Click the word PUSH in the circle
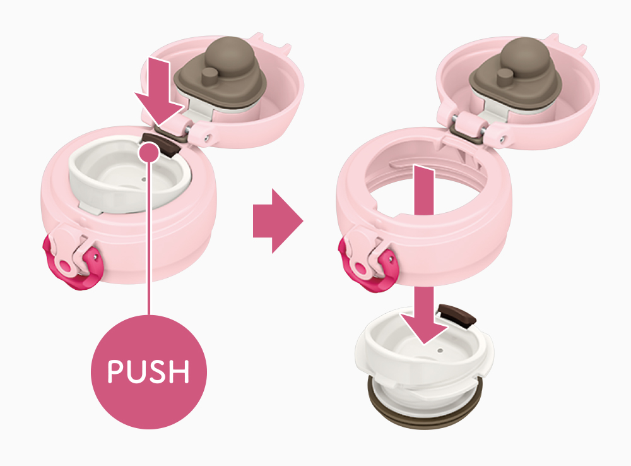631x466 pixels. tap(148, 371)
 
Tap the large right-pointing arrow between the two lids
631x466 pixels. tap(278, 221)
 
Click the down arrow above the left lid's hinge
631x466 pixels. tap(160, 91)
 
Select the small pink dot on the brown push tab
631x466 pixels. tap(149, 153)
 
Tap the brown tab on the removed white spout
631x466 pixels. tap(457, 315)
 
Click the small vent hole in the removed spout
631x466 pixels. tap(440, 350)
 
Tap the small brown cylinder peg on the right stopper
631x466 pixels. tap(505, 77)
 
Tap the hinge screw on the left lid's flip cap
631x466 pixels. tap(206, 138)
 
